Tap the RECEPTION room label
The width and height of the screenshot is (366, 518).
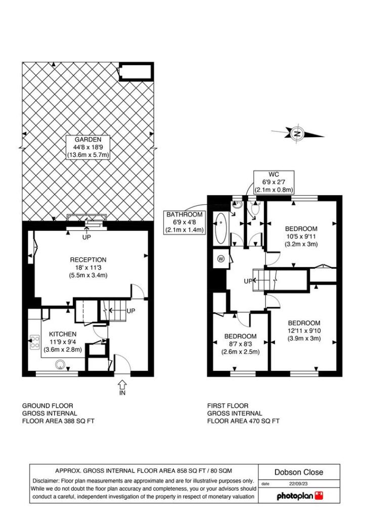click(88, 260)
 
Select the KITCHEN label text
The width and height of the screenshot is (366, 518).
click(63, 334)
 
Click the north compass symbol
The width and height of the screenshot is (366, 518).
click(298, 134)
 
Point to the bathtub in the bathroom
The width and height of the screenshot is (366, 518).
click(221, 230)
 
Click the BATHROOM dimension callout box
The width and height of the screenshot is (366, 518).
click(185, 222)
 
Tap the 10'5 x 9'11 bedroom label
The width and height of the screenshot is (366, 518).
click(301, 236)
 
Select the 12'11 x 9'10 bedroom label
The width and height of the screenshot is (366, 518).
click(304, 331)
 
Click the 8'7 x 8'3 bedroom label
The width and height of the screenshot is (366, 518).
click(241, 344)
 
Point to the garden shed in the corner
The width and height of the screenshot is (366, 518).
click(135, 72)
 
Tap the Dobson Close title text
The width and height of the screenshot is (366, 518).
click(298, 472)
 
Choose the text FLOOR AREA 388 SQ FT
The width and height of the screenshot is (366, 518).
click(58, 421)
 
